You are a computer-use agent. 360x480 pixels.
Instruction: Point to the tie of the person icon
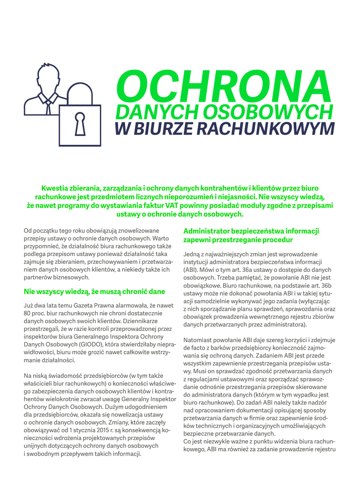click(48, 105)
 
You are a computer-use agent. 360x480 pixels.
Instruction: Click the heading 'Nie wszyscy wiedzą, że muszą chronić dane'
click(94, 292)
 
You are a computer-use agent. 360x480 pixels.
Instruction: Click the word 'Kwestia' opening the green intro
click(55, 188)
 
